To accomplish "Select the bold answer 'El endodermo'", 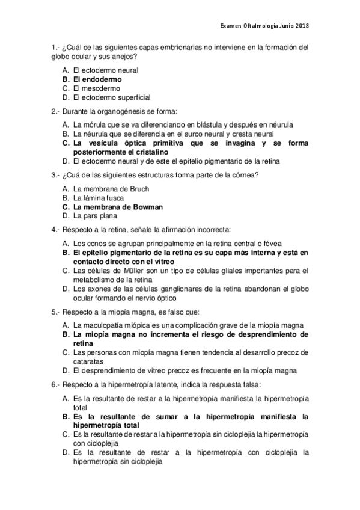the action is tap(97, 79).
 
